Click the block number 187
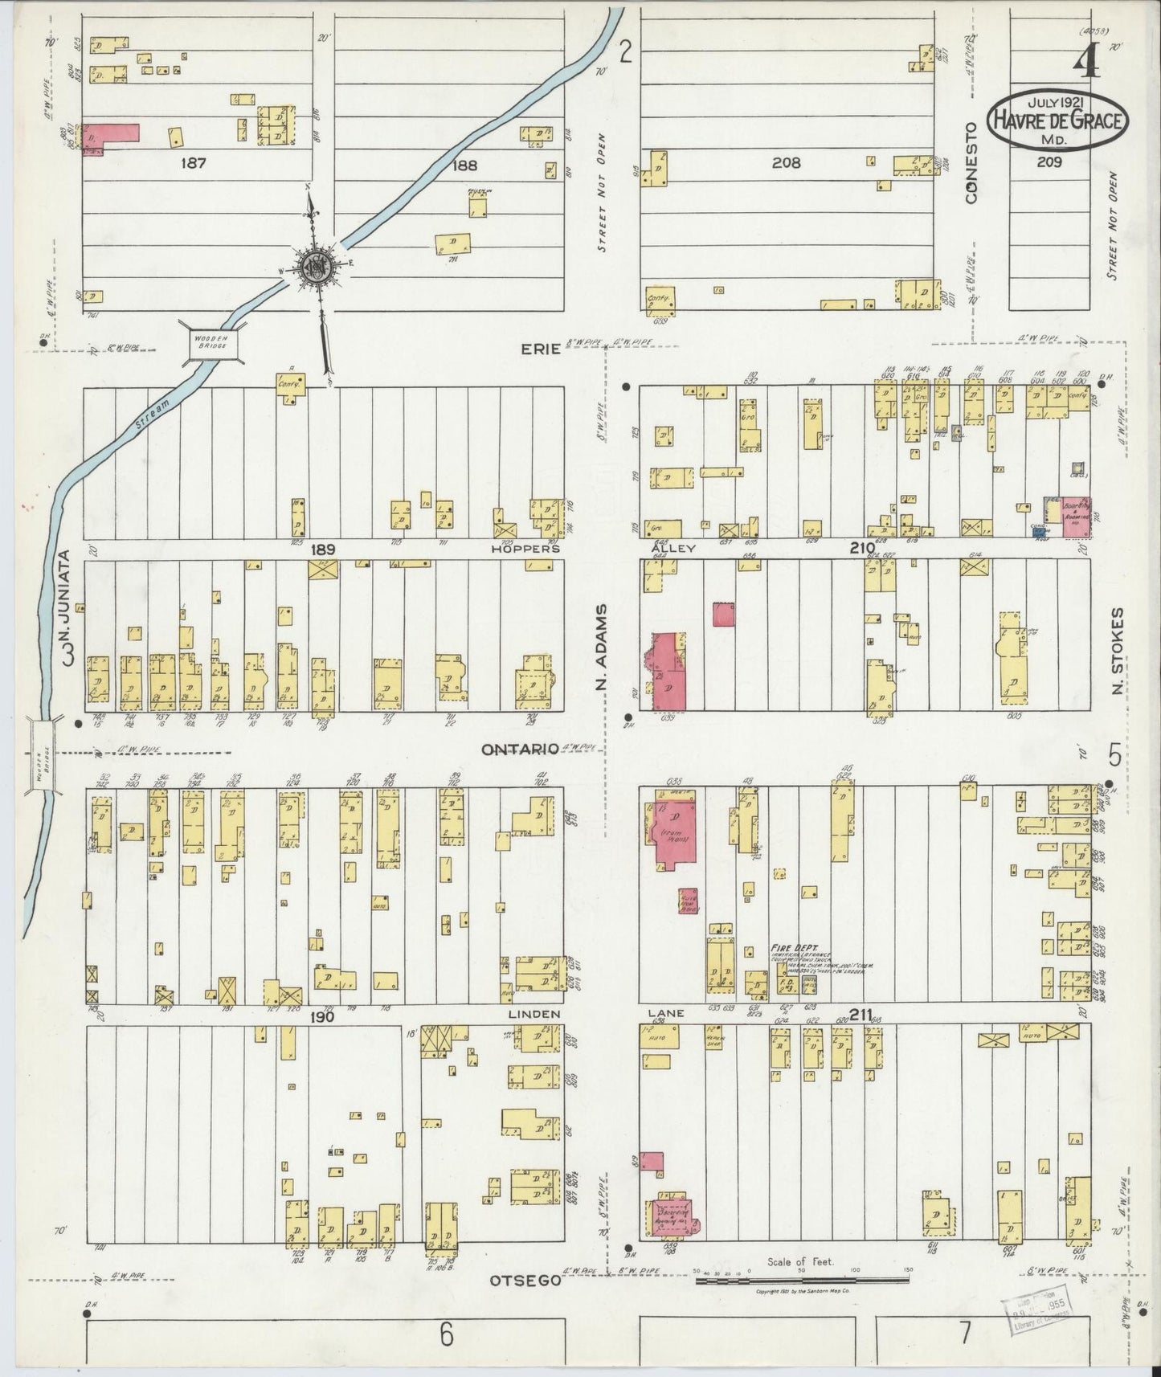click(194, 163)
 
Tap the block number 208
click(786, 163)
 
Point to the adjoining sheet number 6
click(447, 1336)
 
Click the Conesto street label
click(971, 162)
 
